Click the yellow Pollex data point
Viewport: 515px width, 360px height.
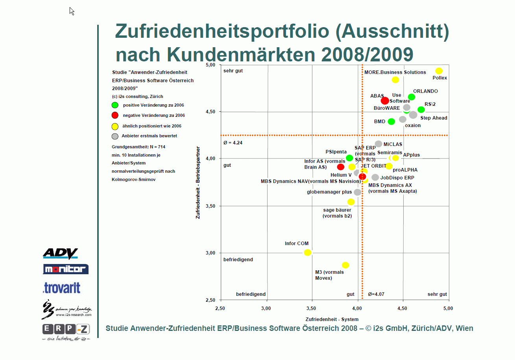pyautogui.click(x=439, y=71)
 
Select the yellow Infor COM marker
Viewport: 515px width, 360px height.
pyautogui.click(x=308, y=253)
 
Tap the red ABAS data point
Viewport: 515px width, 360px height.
pyautogui.click(x=385, y=101)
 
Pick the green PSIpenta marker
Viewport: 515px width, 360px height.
pyautogui.click(x=349, y=158)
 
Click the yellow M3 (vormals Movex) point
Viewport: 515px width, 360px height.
pyautogui.click(x=345, y=265)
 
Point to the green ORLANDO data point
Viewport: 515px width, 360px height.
pyautogui.click(x=412, y=97)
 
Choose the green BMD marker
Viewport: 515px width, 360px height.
pyautogui.click(x=391, y=122)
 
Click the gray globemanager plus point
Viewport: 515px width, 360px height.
pyautogui.click(x=357, y=192)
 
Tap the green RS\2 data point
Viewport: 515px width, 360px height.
pyautogui.click(x=421, y=110)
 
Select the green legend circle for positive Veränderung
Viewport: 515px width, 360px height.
pyautogui.click(x=115, y=105)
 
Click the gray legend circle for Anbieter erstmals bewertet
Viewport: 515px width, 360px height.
pyautogui.click(x=115, y=137)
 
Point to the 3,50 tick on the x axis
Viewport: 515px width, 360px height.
pyautogui.click(x=312, y=308)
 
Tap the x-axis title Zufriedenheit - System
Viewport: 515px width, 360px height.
pyautogui.click(x=332, y=319)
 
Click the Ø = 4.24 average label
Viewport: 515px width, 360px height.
pyautogui.click(x=233, y=143)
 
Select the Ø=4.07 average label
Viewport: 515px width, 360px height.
pyautogui.click(x=376, y=294)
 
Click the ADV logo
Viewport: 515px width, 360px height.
pyautogui.click(x=60, y=254)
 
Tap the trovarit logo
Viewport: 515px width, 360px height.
pyautogui.click(x=62, y=288)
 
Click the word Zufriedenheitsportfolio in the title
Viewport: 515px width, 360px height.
pyautogui.click(x=222, y=32)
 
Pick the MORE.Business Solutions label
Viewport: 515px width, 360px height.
pyautogui.click(x=395, y=72)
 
